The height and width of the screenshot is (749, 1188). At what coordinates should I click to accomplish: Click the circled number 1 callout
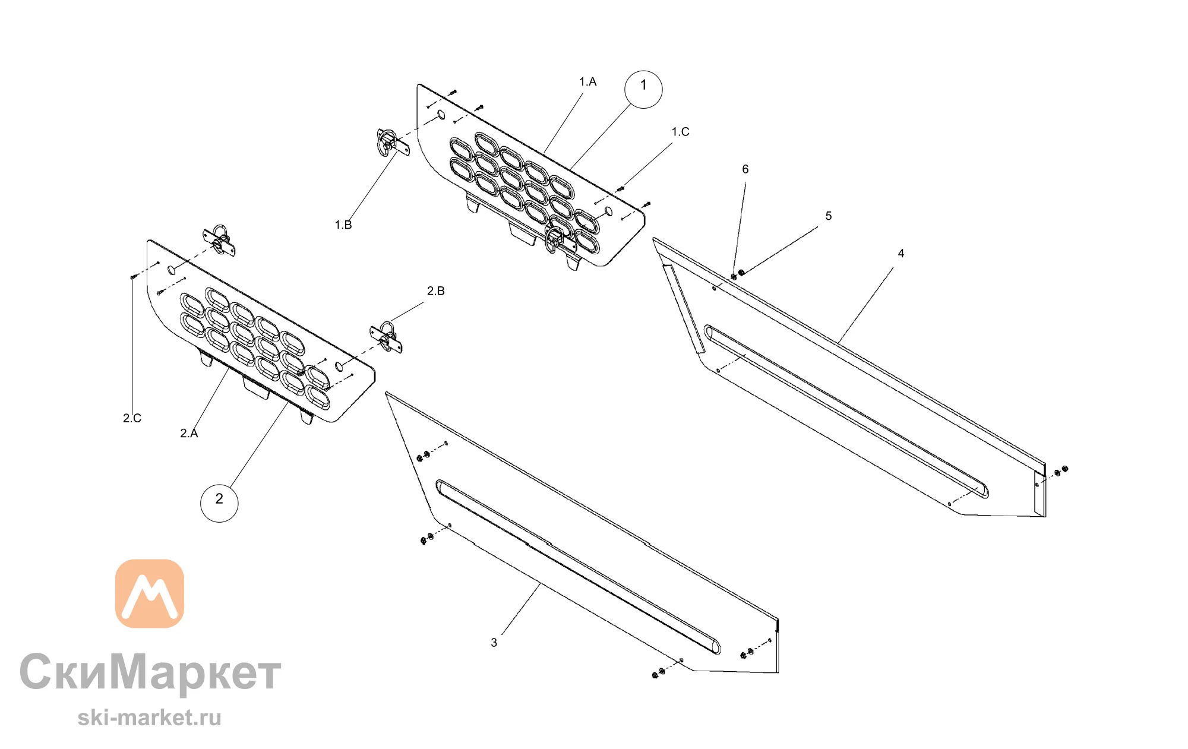click(643, 89)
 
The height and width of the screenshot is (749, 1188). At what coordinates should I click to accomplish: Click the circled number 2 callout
click(219, 503)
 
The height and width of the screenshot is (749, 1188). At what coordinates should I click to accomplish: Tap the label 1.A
click(588, 82)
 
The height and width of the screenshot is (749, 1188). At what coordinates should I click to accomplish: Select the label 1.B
click(343, 225)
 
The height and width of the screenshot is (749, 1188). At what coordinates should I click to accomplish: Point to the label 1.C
click(681, 132)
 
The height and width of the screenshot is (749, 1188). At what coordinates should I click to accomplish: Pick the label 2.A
click(189, 434)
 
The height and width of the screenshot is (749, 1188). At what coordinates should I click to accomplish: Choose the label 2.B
click(436, 291)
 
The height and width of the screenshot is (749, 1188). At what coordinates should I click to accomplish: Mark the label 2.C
click(132, 418)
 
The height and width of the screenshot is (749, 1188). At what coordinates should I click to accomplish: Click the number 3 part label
click(494, 643)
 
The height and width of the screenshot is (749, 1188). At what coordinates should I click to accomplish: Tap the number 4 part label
click(901, 254)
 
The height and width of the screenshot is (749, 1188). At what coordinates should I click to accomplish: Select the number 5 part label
click(829, 216)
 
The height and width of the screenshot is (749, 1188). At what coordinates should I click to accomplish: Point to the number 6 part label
click(745, 169)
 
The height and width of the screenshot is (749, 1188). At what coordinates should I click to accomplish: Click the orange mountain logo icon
click(150, 593)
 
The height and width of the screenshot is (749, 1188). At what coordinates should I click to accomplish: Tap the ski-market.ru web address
click(149, 718)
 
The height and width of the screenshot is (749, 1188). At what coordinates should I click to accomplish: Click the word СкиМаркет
click(150, 672)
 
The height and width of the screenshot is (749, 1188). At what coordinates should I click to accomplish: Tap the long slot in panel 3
click(578, 567)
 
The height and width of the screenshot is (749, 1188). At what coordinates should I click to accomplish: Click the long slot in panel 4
click(846, 411)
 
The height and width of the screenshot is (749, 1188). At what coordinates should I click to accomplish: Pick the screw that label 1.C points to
click(621, 189)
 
